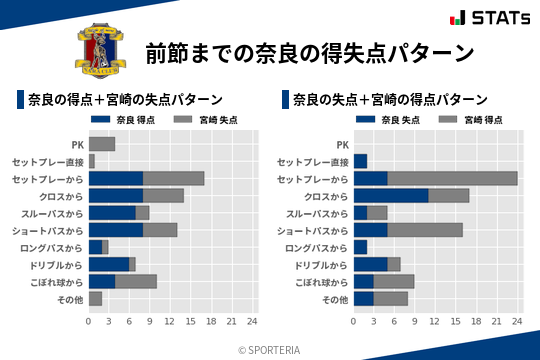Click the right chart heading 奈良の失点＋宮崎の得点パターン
(x=390, y=99)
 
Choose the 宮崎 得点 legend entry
(x=462, y=119)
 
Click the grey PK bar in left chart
(x=102, y=144)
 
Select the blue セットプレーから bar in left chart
(x=115, y=178)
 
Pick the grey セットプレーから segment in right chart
(x=452, y=178)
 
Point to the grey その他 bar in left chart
(x=95, y=298)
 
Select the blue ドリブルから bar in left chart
(x=108, y=264)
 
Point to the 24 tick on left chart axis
(x=252, y=321)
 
